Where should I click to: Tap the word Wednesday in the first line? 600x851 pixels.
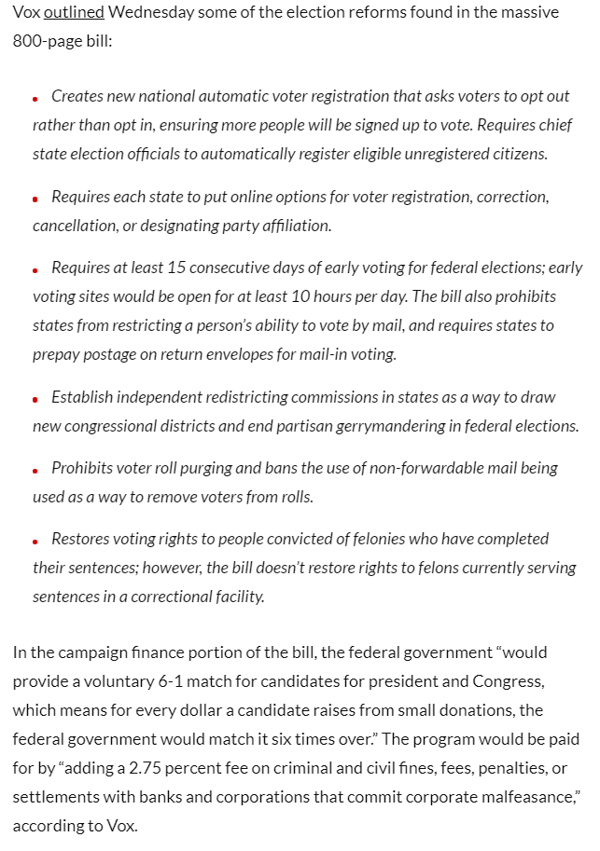(148, 12)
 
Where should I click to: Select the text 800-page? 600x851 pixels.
(46, 42)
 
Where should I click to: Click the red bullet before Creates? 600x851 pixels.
(35, 98)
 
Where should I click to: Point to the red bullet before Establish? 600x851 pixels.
(35, 399)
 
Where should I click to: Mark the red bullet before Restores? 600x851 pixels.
(35, 541)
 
